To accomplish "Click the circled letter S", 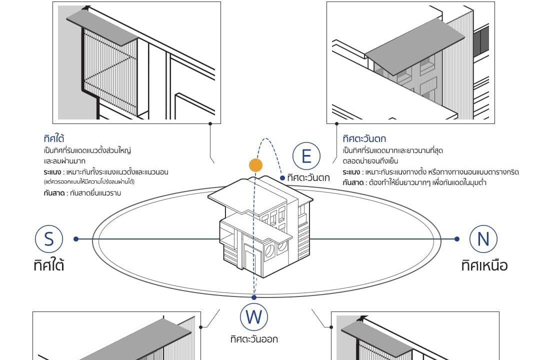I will point(49,239).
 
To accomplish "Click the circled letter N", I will point(483,239).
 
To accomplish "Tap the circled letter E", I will point(306,156).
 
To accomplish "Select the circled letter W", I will point(254,316).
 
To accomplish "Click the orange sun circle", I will point(256,165).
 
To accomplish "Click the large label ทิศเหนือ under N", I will point(484,264).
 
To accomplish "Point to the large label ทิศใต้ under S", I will point(49,264).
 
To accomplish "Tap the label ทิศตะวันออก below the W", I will point(254,339).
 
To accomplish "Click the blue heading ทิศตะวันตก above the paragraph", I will point(364,138).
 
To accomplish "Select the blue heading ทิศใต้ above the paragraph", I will point(54,138).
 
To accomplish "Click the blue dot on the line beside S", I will point(76,239).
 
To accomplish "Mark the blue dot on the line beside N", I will point(457,239).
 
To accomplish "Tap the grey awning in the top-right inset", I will point(415,52).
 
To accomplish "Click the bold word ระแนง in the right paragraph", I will point(351,172).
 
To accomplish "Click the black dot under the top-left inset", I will point(210,123).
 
